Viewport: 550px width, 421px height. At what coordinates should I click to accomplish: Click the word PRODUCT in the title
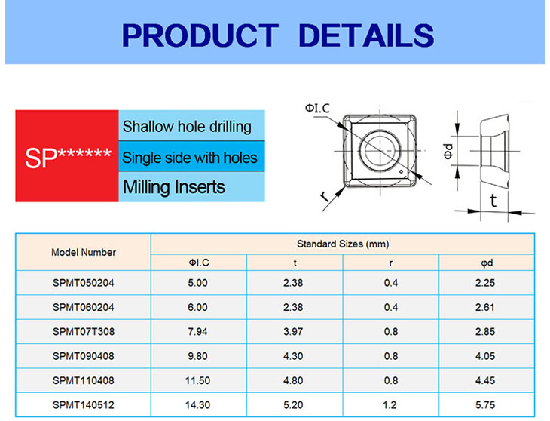[200, 35]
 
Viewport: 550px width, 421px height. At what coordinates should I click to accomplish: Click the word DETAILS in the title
[367, 35]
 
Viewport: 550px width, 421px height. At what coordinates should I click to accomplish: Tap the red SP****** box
[67, 156]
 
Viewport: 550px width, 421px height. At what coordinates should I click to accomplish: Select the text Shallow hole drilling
[187, 127]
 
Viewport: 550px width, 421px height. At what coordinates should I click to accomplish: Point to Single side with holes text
[190, 157]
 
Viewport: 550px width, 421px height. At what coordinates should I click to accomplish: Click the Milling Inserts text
[174, 187]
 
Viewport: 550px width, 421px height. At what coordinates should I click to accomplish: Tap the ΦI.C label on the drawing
[317, 108]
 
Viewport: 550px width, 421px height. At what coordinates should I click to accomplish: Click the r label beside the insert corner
[325, 197]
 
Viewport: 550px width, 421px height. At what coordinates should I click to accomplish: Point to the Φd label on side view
[448, 151]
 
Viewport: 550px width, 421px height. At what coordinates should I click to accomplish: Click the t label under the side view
[493, 201]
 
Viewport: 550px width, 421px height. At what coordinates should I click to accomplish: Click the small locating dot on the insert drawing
[402, 172]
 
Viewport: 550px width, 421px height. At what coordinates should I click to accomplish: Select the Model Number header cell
[84, 252]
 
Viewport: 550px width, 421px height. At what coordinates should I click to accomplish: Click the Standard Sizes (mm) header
[343, 244]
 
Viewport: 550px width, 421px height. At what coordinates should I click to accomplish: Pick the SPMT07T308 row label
[84, 331]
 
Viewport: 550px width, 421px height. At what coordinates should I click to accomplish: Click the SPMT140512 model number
[84, 405]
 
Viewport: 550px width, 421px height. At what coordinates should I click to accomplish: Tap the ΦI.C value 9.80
[198, 356]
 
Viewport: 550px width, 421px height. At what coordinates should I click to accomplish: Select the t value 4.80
[293, 380]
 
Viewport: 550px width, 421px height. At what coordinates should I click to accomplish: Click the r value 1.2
[390, 405]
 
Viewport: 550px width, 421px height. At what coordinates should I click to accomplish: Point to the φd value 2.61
[485, 307]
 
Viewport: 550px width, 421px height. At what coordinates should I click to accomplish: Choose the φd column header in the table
[487, 263]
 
